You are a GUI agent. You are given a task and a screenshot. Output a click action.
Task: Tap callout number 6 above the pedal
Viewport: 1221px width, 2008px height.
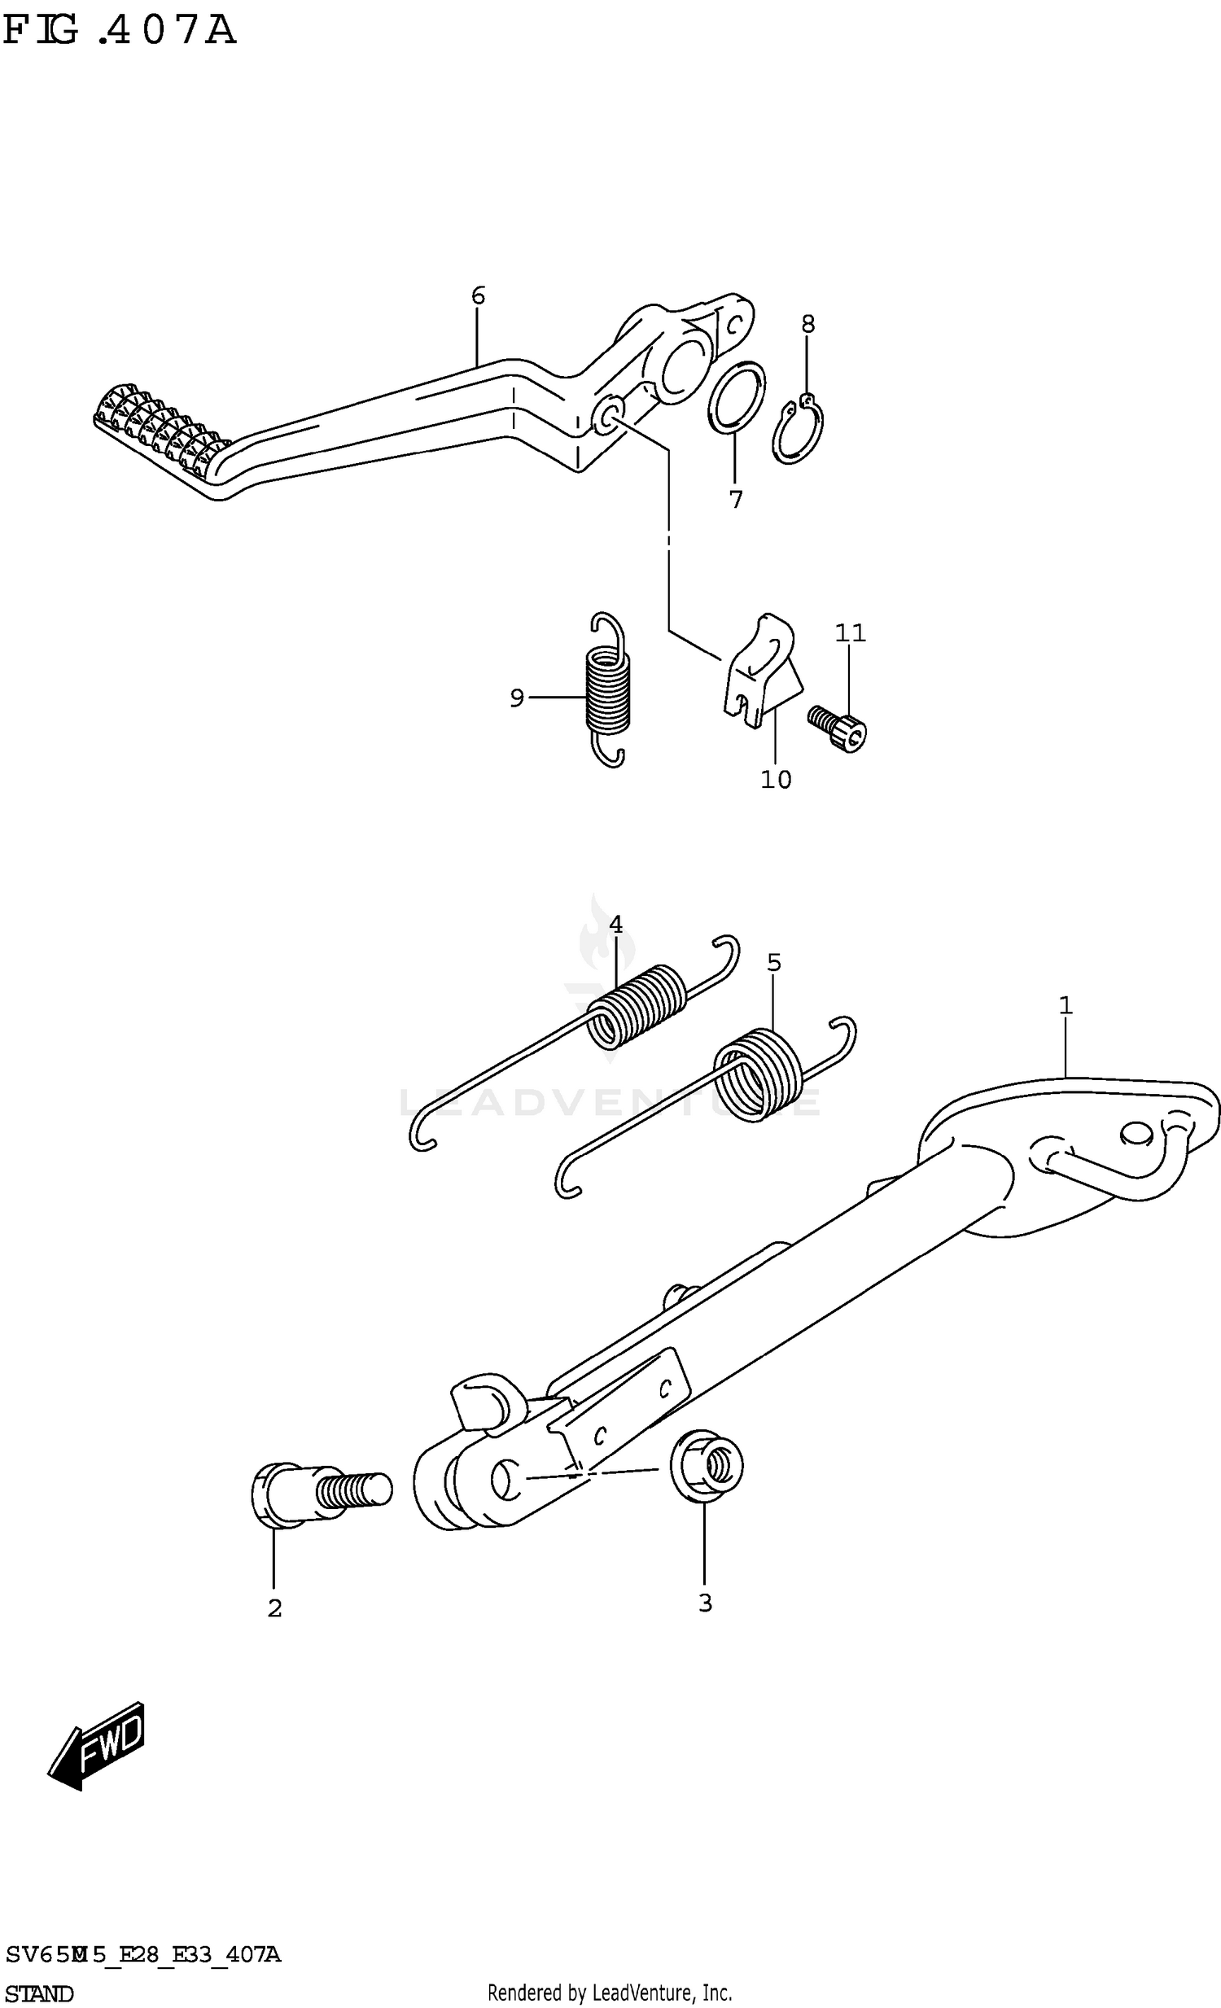pyautogui.click(x=478, y=295)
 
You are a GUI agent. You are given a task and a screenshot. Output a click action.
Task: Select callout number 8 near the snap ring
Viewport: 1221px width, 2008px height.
pyautogui.click(x=807, y=324)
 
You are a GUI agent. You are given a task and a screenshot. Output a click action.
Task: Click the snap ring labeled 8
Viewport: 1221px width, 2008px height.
pyautogui.click(x=796, y=431)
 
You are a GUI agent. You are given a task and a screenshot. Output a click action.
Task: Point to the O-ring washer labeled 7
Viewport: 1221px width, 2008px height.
pyautogui.click(x=736, y=399)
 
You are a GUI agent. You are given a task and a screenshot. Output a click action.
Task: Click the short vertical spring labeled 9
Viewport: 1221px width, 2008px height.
pyautogui.click(x=608, y=689)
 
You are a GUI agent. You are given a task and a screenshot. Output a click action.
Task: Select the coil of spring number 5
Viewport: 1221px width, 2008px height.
pyautogui.click(x=759, y=1075)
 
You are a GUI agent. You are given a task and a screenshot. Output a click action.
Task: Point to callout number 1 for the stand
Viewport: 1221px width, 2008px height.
pyautogui.click(x=1065, y=1007)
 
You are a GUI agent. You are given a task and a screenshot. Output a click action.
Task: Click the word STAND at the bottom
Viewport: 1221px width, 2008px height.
pyautogui.click(x=39, y=1993)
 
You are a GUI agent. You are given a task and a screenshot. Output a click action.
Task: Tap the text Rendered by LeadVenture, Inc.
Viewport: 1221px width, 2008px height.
pyautogui.click(x=609, y=1993)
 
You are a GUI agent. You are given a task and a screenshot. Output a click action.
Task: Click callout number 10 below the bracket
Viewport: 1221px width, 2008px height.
pyautogui.click(x=775, y=780)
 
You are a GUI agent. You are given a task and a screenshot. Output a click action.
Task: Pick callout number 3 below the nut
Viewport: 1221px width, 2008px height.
pyautogui.click(x=705, y=1603)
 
